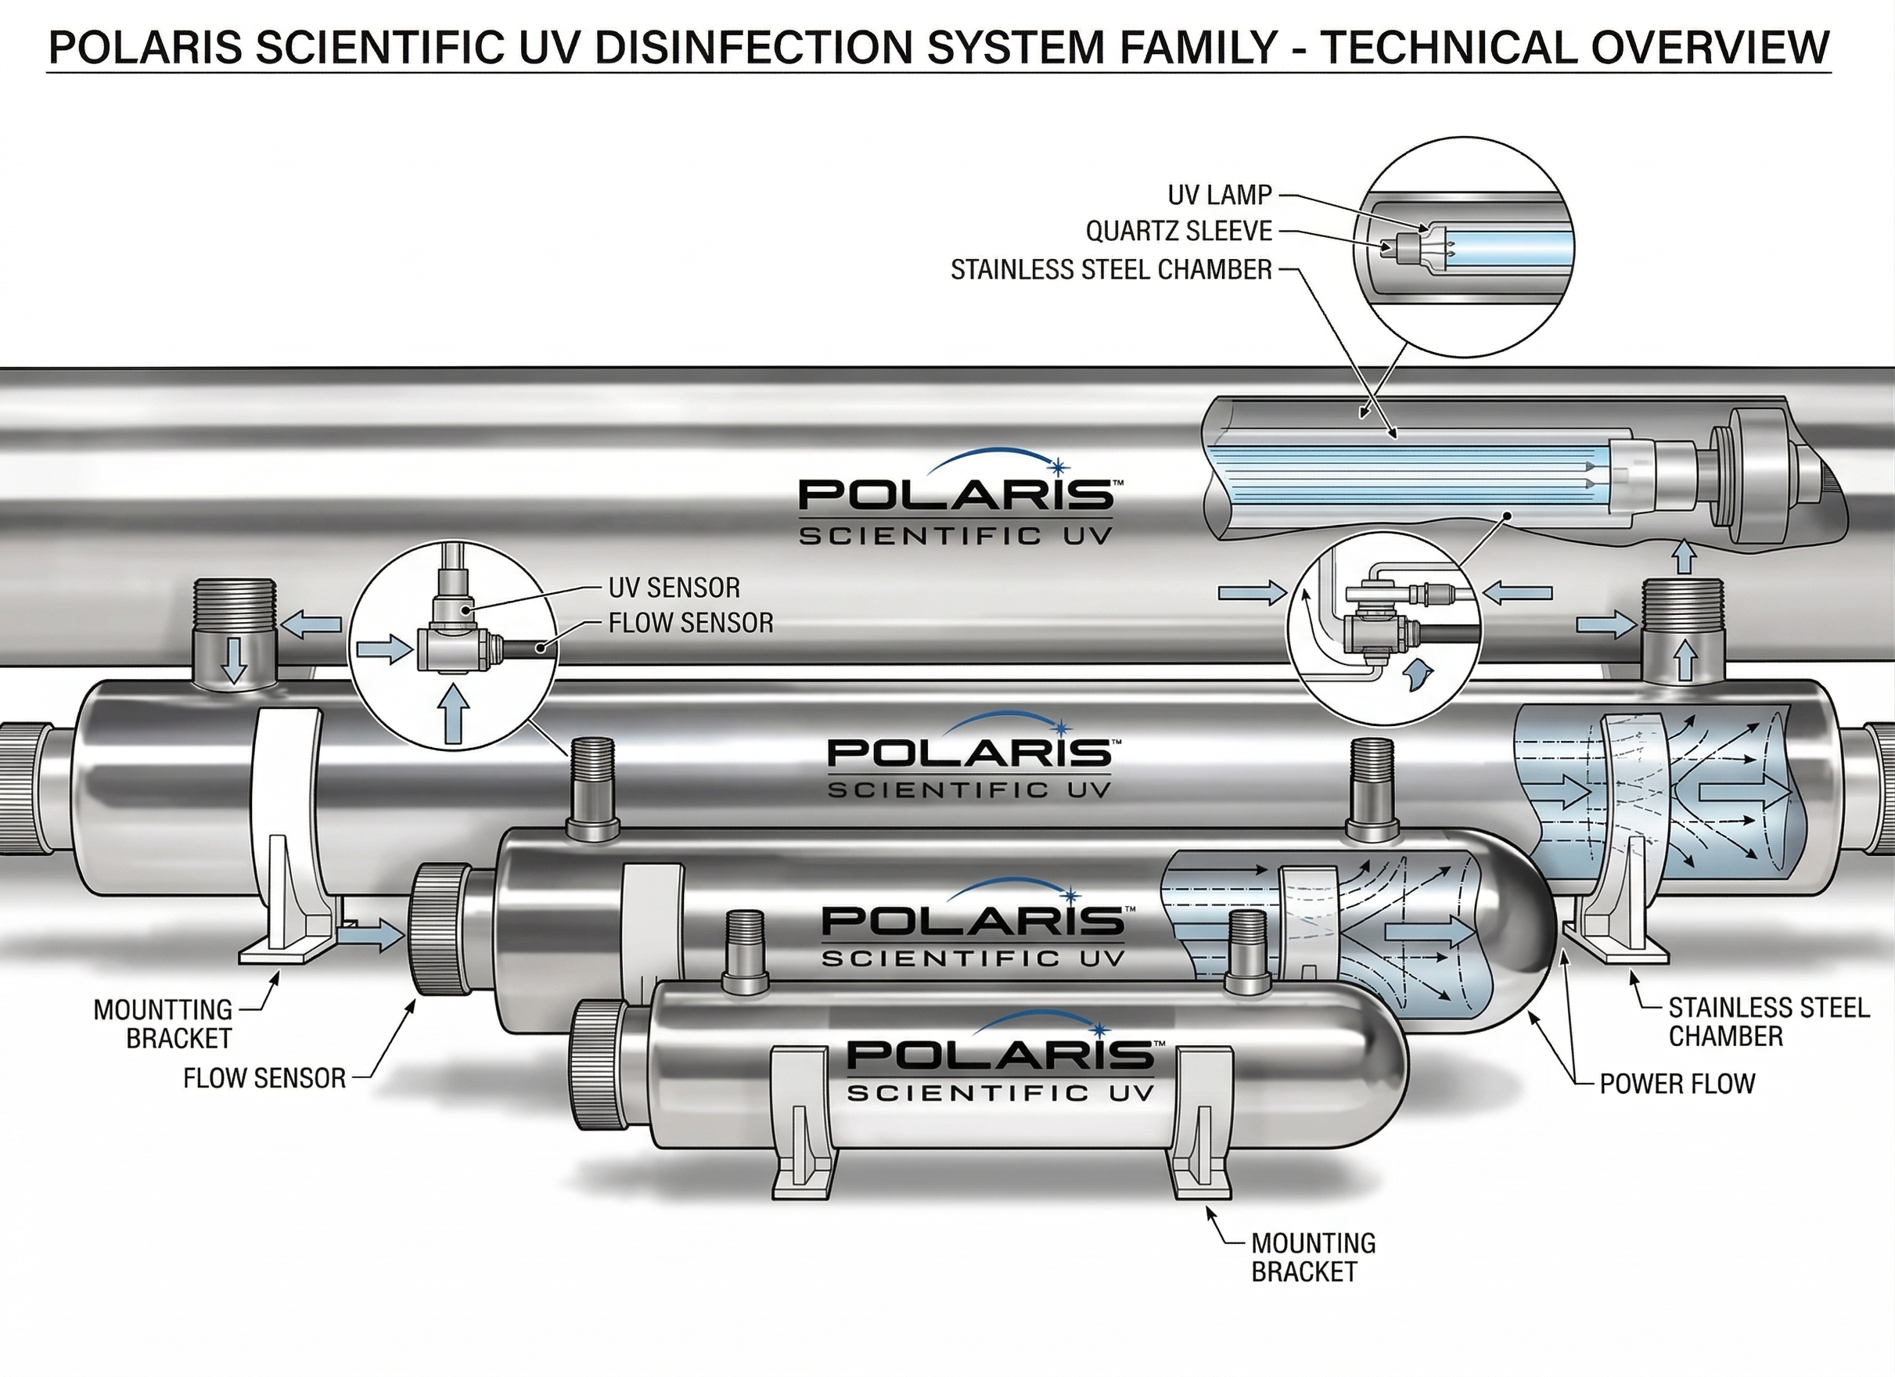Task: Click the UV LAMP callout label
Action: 1219,195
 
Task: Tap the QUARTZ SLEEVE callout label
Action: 1179,231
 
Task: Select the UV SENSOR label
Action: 674,588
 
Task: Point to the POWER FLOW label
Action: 1677,1084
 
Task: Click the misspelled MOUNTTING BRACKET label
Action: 163,1023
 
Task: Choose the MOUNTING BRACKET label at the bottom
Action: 1313,1257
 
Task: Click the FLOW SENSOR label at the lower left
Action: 264,1079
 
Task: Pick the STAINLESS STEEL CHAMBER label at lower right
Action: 1768,1022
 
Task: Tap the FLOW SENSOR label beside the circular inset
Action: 691,623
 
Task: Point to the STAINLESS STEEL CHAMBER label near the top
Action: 1111,270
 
